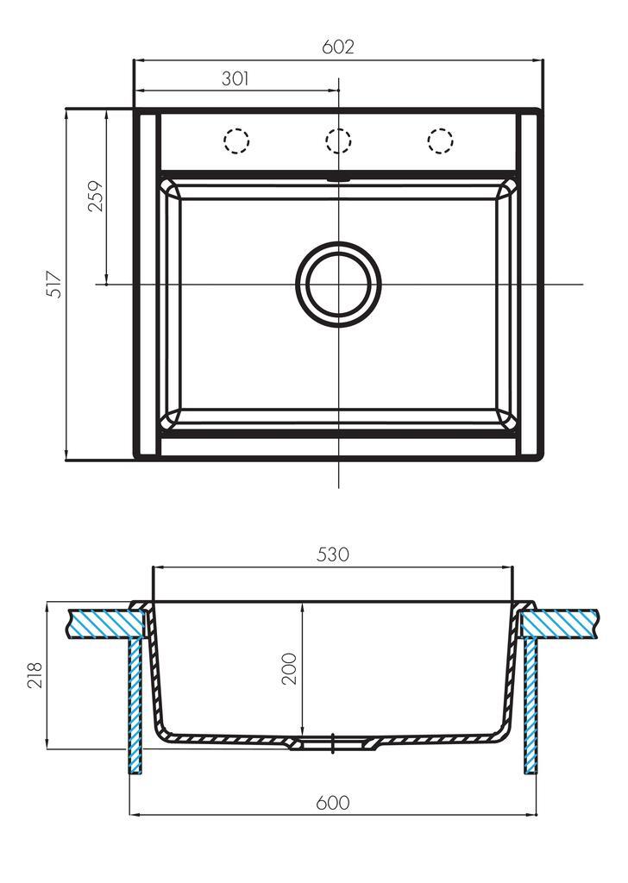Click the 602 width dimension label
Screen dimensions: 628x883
point(338,47)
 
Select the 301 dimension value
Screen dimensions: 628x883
point(235,78)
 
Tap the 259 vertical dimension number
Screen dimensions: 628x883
point(97,196)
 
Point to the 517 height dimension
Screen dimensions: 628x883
point(54,284)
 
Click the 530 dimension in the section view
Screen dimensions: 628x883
point(333,554)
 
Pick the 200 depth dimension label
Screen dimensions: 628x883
point(289,668)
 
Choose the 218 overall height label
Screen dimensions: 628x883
point(35,675)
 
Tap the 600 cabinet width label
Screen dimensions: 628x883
point(333,802)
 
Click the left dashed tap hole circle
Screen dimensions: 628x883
point(236,140)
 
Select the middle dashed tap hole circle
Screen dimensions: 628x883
point(338,140)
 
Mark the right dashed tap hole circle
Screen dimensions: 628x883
point(441,140)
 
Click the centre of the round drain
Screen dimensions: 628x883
point(338,284)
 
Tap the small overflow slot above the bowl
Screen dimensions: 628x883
point(338,178)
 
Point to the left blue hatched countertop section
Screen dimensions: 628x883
point(106,624)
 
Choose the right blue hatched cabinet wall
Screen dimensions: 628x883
point(531,706)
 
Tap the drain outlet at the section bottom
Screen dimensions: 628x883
point(335,744)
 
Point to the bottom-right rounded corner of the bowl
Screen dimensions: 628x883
point(506,421)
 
